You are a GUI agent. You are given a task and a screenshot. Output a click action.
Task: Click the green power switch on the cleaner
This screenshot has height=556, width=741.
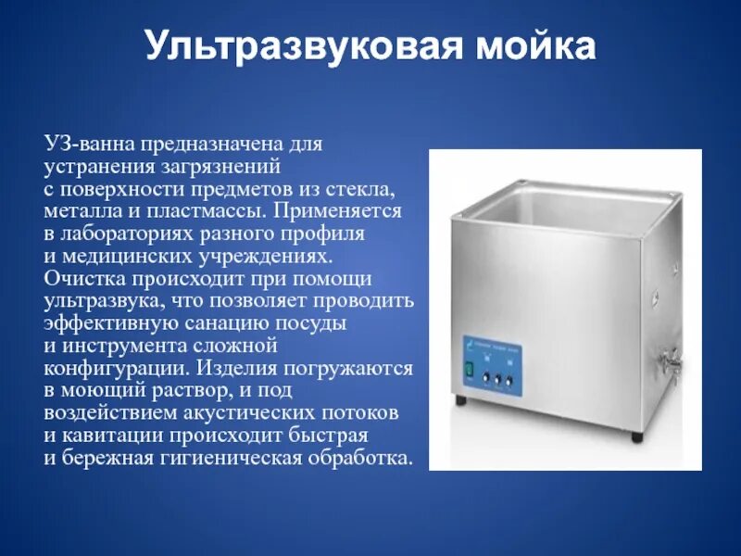469,373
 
